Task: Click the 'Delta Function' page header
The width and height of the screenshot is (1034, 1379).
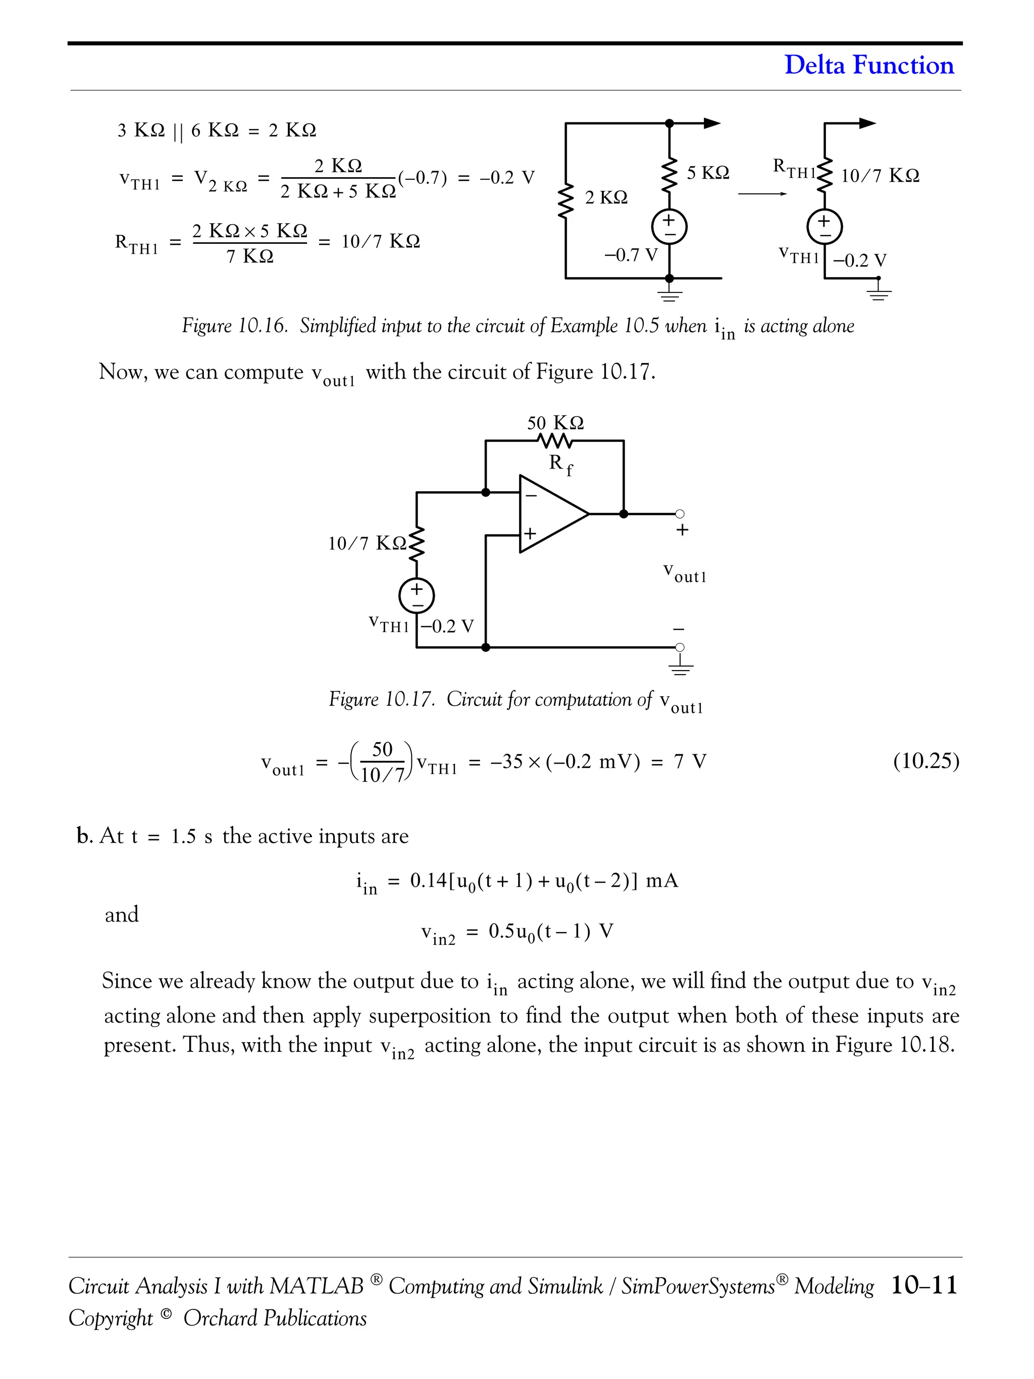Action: [x=868, y=65]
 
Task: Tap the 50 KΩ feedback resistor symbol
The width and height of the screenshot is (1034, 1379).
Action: [x=554, y=441]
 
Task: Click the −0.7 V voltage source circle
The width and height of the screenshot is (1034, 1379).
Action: [x=669, y=228]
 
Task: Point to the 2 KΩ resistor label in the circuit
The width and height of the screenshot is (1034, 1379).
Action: [x=606, y=197]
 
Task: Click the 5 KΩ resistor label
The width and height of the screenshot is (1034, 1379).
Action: [x=707, y=173]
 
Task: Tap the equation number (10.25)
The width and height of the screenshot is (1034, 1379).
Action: [x=925, y=761]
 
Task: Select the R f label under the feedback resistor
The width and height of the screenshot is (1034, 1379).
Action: [x=560, y=464]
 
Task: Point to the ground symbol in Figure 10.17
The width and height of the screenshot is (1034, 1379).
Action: [x=681, y=667]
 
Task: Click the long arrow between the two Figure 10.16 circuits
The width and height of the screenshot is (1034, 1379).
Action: [x=762, y=194]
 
